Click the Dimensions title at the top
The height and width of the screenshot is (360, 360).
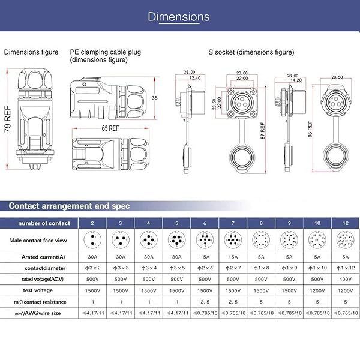pyautogui.click(x=179, y=17)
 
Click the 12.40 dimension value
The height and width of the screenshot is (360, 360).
pyautogui.click(x=194, y=78)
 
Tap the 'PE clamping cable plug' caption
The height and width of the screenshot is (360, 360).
pyautogui.click(x=105, y=52)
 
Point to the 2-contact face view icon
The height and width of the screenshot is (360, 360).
pyautogui.click(x=91, y=241)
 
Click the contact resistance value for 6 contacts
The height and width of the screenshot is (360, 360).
pyautogui.click(x=204, y=301)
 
